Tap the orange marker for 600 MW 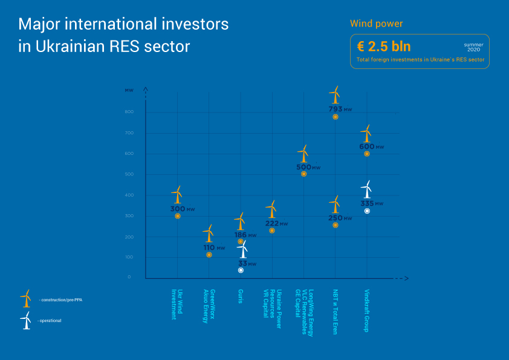pos(367,154)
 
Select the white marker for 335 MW pos(367,211)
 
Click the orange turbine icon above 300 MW pos(177,195)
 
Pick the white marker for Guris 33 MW pos(241,270)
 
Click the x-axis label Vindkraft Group pos(367,310)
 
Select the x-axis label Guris pos(241,296)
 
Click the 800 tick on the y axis pos(129,113)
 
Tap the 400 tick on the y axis pos(129,195)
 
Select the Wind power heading pos(376,24)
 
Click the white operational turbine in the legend pos(25,320)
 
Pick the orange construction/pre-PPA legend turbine pos(25,298)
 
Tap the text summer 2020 pos(474,47)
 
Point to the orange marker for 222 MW pos(272,231)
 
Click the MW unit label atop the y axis pos(129,90)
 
